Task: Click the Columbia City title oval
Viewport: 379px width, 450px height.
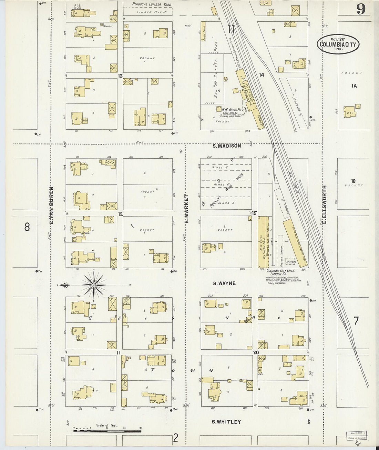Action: tap(338, 44)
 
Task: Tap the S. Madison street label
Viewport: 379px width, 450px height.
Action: tap(227, 146)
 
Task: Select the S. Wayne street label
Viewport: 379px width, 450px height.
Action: tap(224, 283)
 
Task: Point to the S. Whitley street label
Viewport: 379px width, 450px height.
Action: tap(226, 422)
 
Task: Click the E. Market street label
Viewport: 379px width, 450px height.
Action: tap(186, 208)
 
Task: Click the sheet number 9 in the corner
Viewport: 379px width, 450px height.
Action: tap(360, 9)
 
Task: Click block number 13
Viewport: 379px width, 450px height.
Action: tap(120, 76)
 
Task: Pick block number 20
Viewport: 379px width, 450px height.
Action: tap(256, 352)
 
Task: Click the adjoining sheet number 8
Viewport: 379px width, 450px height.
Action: tap(27, 227)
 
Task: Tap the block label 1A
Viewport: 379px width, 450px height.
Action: tap(354, 86)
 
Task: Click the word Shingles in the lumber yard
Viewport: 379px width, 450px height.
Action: tap(291, 262)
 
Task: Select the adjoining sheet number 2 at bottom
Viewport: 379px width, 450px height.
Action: tap(176, 438)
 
